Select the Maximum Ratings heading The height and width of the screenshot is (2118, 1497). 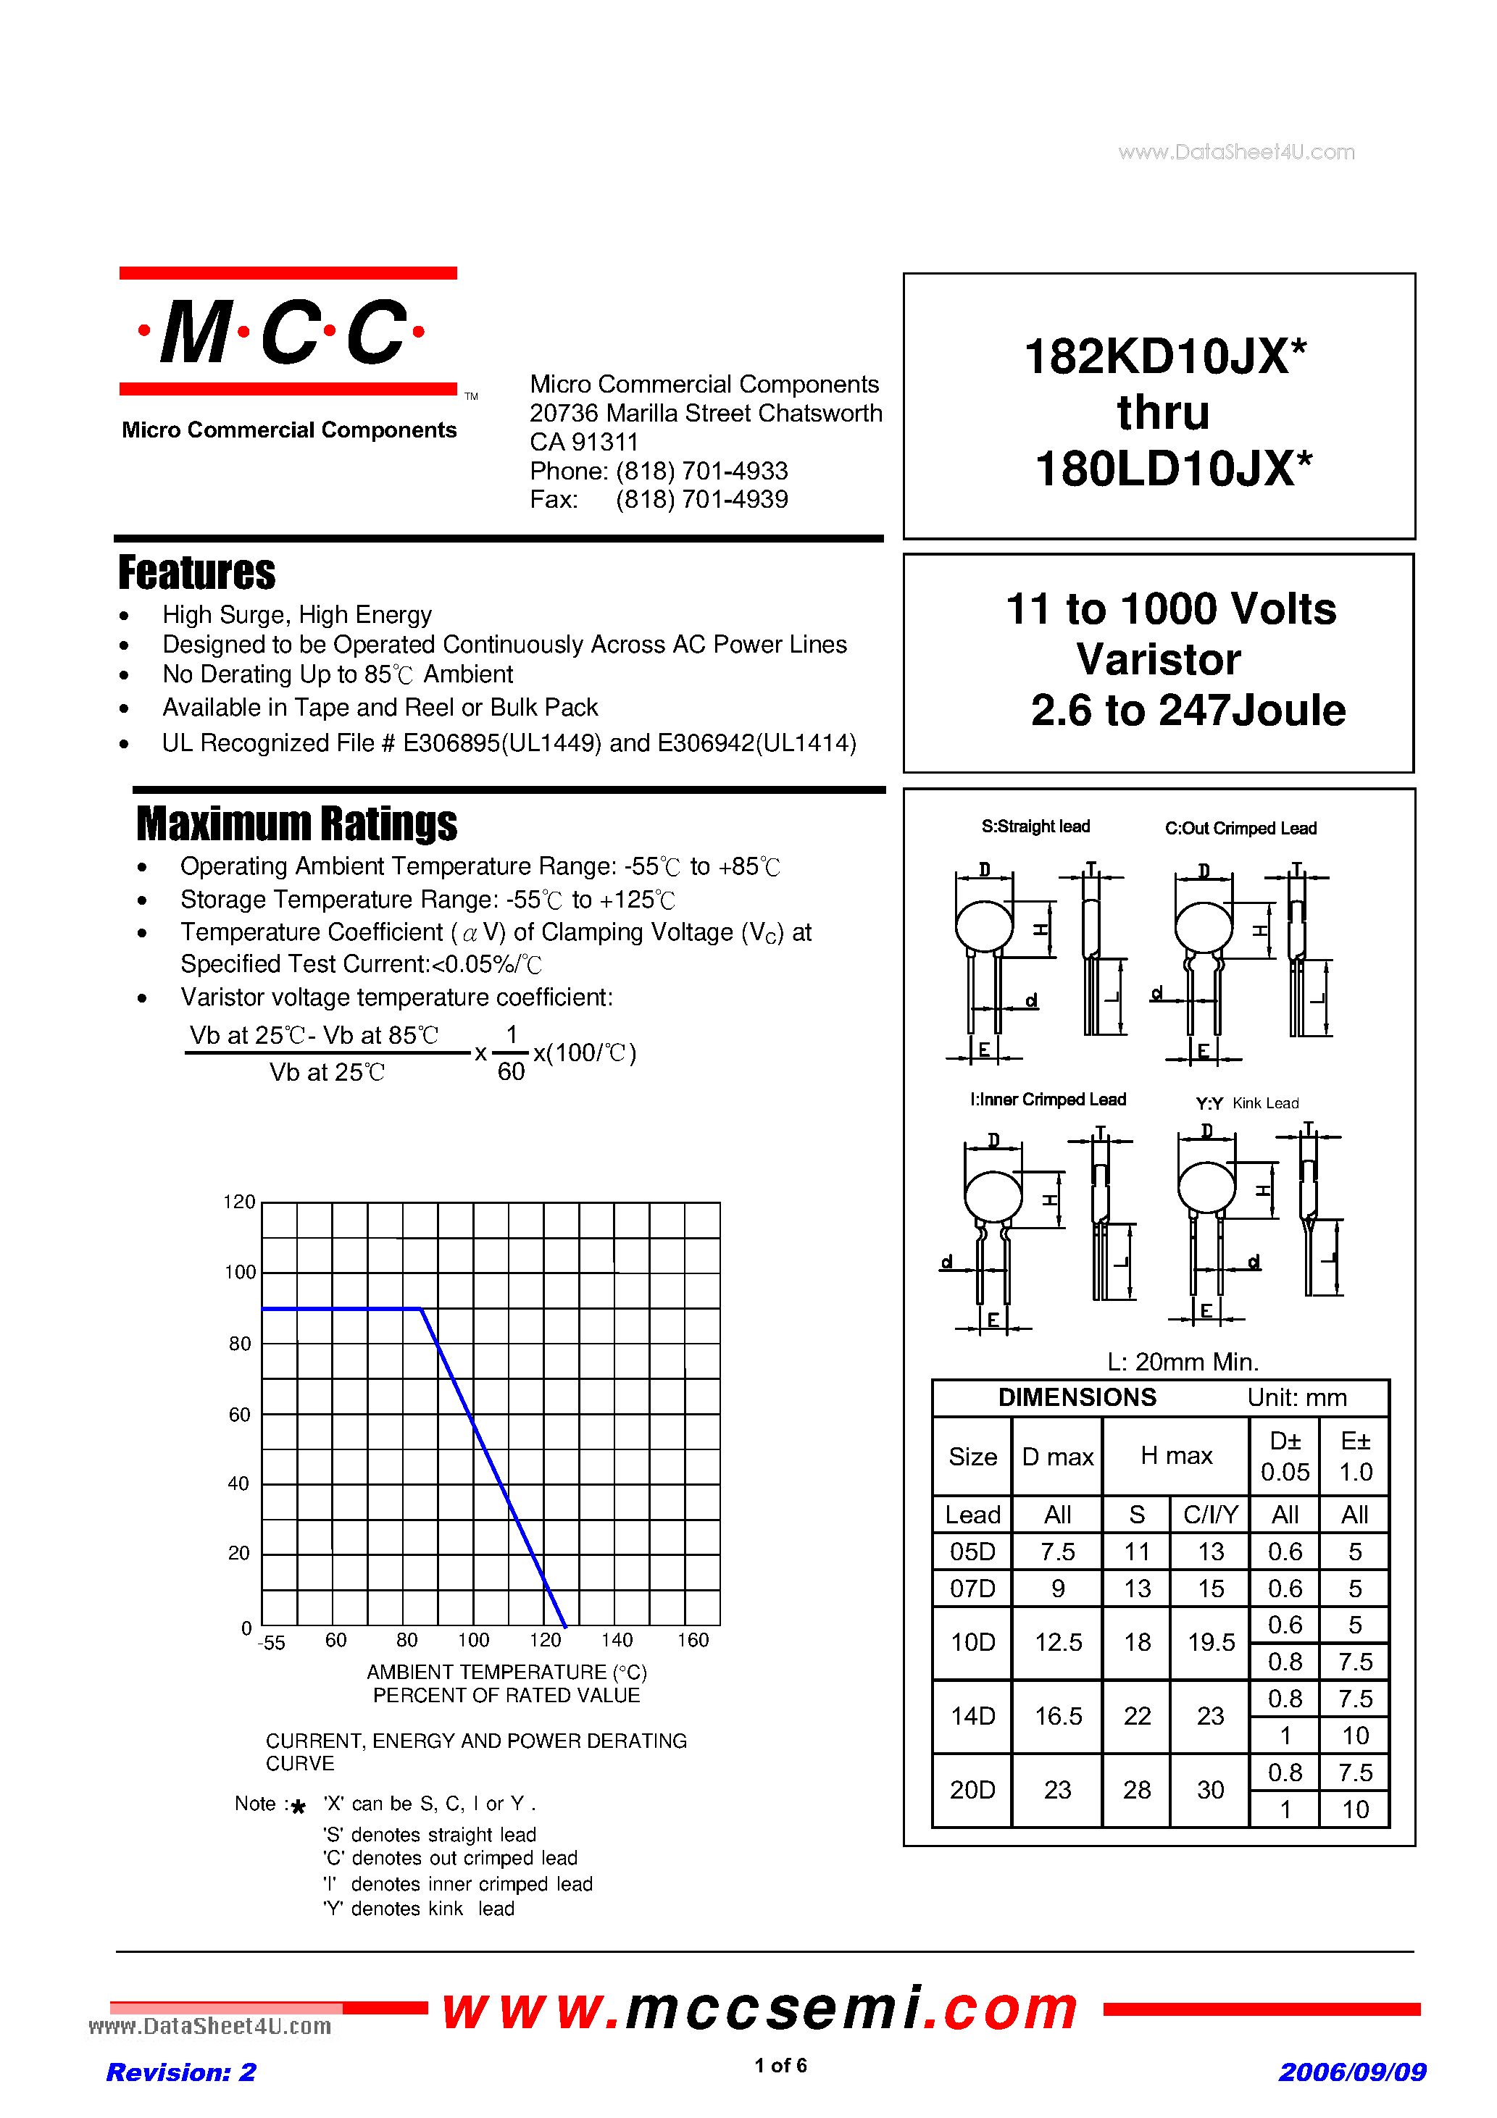point(296,824)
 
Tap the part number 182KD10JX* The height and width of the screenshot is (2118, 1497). point(1164,356)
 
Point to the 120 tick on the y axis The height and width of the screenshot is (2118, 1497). point(239,1202)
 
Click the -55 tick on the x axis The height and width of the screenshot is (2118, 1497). point(272,1643)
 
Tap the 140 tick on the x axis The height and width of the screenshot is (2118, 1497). point(617,1640)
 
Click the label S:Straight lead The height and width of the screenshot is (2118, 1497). point(1035,826)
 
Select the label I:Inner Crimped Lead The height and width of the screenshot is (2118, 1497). point(1048,1100)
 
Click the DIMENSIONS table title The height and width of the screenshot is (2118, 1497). point(1076,1397)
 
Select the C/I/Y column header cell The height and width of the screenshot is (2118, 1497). point(1210,1515)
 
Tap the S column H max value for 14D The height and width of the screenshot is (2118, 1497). point(1136,1716)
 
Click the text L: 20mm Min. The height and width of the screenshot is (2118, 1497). point(1183,1362)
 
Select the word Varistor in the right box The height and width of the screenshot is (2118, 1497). point(1159,660)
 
